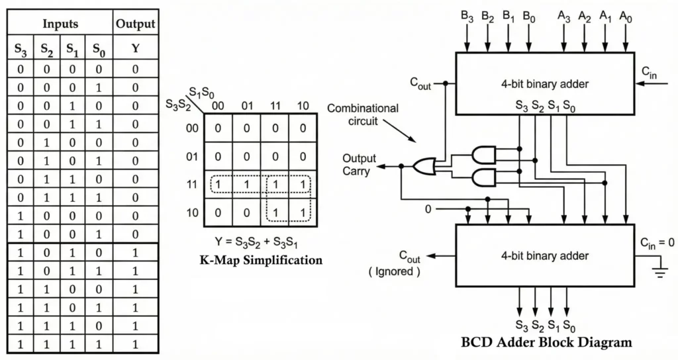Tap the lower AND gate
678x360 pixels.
[483, 177]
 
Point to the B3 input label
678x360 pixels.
[467, 15]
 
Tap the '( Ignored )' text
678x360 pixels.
[394, 271]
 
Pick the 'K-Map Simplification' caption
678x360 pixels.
[261, 260]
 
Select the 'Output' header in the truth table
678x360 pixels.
[135, 24]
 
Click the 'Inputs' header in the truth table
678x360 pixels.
[60, 24]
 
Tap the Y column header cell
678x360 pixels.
[135, 48]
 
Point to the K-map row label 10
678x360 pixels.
[192, 212]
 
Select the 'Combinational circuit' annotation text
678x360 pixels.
[363, 114]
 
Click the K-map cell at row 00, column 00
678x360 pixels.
[218, 128]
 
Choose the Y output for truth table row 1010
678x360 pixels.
[135, 253]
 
